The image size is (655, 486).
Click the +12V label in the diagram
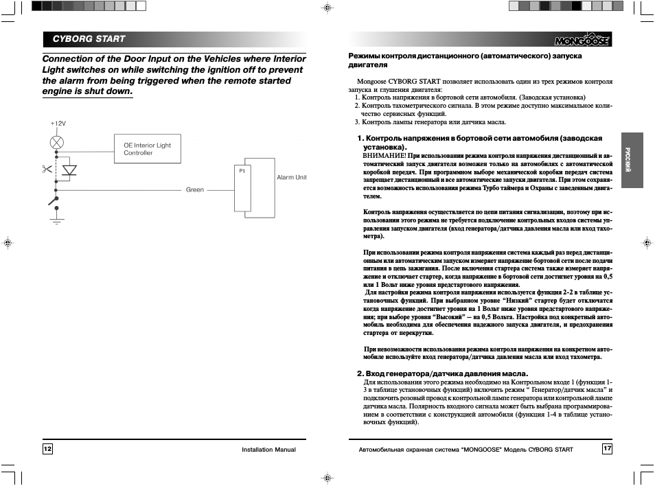(57, 123)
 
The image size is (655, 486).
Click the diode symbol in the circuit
(69, 169)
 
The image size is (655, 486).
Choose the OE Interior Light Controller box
(147, 149)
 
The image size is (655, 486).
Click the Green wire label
(195, 189)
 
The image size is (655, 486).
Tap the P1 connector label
(242, 170)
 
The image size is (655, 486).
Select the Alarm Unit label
(291, 177)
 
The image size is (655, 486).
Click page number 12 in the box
(47, 449)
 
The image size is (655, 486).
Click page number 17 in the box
(607, 449)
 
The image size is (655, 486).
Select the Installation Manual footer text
(268, 450)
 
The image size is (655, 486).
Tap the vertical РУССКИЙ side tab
(628, 160)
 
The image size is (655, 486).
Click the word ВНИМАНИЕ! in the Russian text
(384, 156)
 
